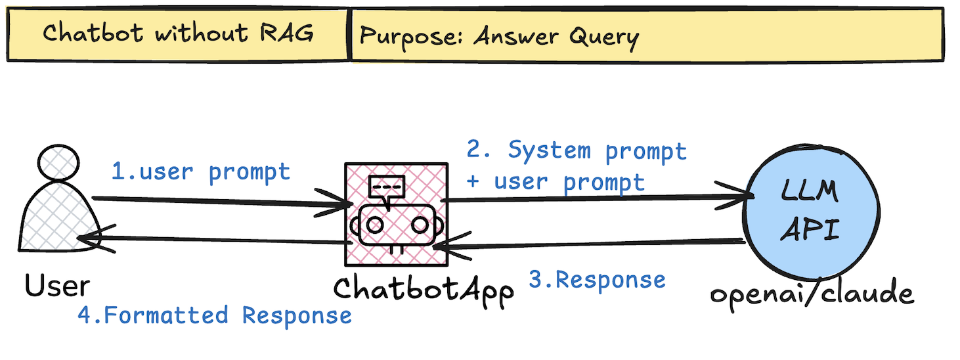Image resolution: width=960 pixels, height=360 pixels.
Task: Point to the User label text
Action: [x=57, y=285]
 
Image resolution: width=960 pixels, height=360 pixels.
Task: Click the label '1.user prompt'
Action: [x=200, y=172]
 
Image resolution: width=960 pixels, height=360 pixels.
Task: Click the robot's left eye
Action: [x=375, y=225]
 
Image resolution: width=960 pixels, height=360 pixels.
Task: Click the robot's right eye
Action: [x=420, y=225]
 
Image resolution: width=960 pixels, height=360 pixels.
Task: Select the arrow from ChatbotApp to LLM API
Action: [x=594, y=196]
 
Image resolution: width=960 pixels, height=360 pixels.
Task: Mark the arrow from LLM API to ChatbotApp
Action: [x=588, y=245]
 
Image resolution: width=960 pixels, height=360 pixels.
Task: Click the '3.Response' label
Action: [x=597, y=280]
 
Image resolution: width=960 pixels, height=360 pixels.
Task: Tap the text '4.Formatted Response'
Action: [x=215, y=315]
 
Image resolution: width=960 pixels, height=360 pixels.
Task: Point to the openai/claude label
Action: [x=812, y=292]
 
